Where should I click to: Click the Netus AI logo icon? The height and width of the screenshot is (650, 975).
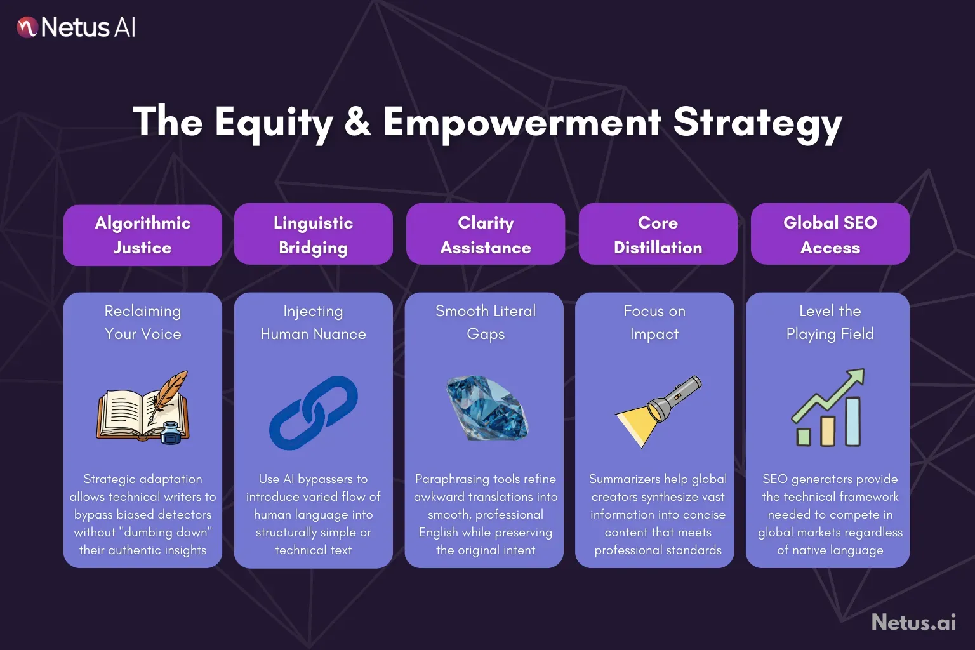[x=27, y=27]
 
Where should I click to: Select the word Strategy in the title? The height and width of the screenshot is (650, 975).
[x=757, y=124]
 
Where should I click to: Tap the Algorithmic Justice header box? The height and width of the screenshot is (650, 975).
[x=143, y=235]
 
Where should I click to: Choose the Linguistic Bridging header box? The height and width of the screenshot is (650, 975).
[x=314, y=234]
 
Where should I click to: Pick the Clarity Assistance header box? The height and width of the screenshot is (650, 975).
[x=486, y=234]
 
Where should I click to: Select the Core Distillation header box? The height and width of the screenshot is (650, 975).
[x=658, y=234]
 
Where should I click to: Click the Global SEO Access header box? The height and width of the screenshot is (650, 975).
[x=830, y=234]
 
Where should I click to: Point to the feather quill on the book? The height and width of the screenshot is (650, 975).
[x=169, y=394]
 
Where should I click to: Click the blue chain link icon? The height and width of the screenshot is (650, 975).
[x=314, y=413]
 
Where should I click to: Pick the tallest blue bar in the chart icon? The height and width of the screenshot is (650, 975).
[x=852, y=421]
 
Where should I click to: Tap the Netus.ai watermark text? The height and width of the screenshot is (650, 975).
[x=913, y=621]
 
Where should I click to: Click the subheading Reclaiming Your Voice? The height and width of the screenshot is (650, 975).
[x=143, y=322]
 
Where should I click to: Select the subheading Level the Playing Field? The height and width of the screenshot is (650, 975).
[x=830, y=322]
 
